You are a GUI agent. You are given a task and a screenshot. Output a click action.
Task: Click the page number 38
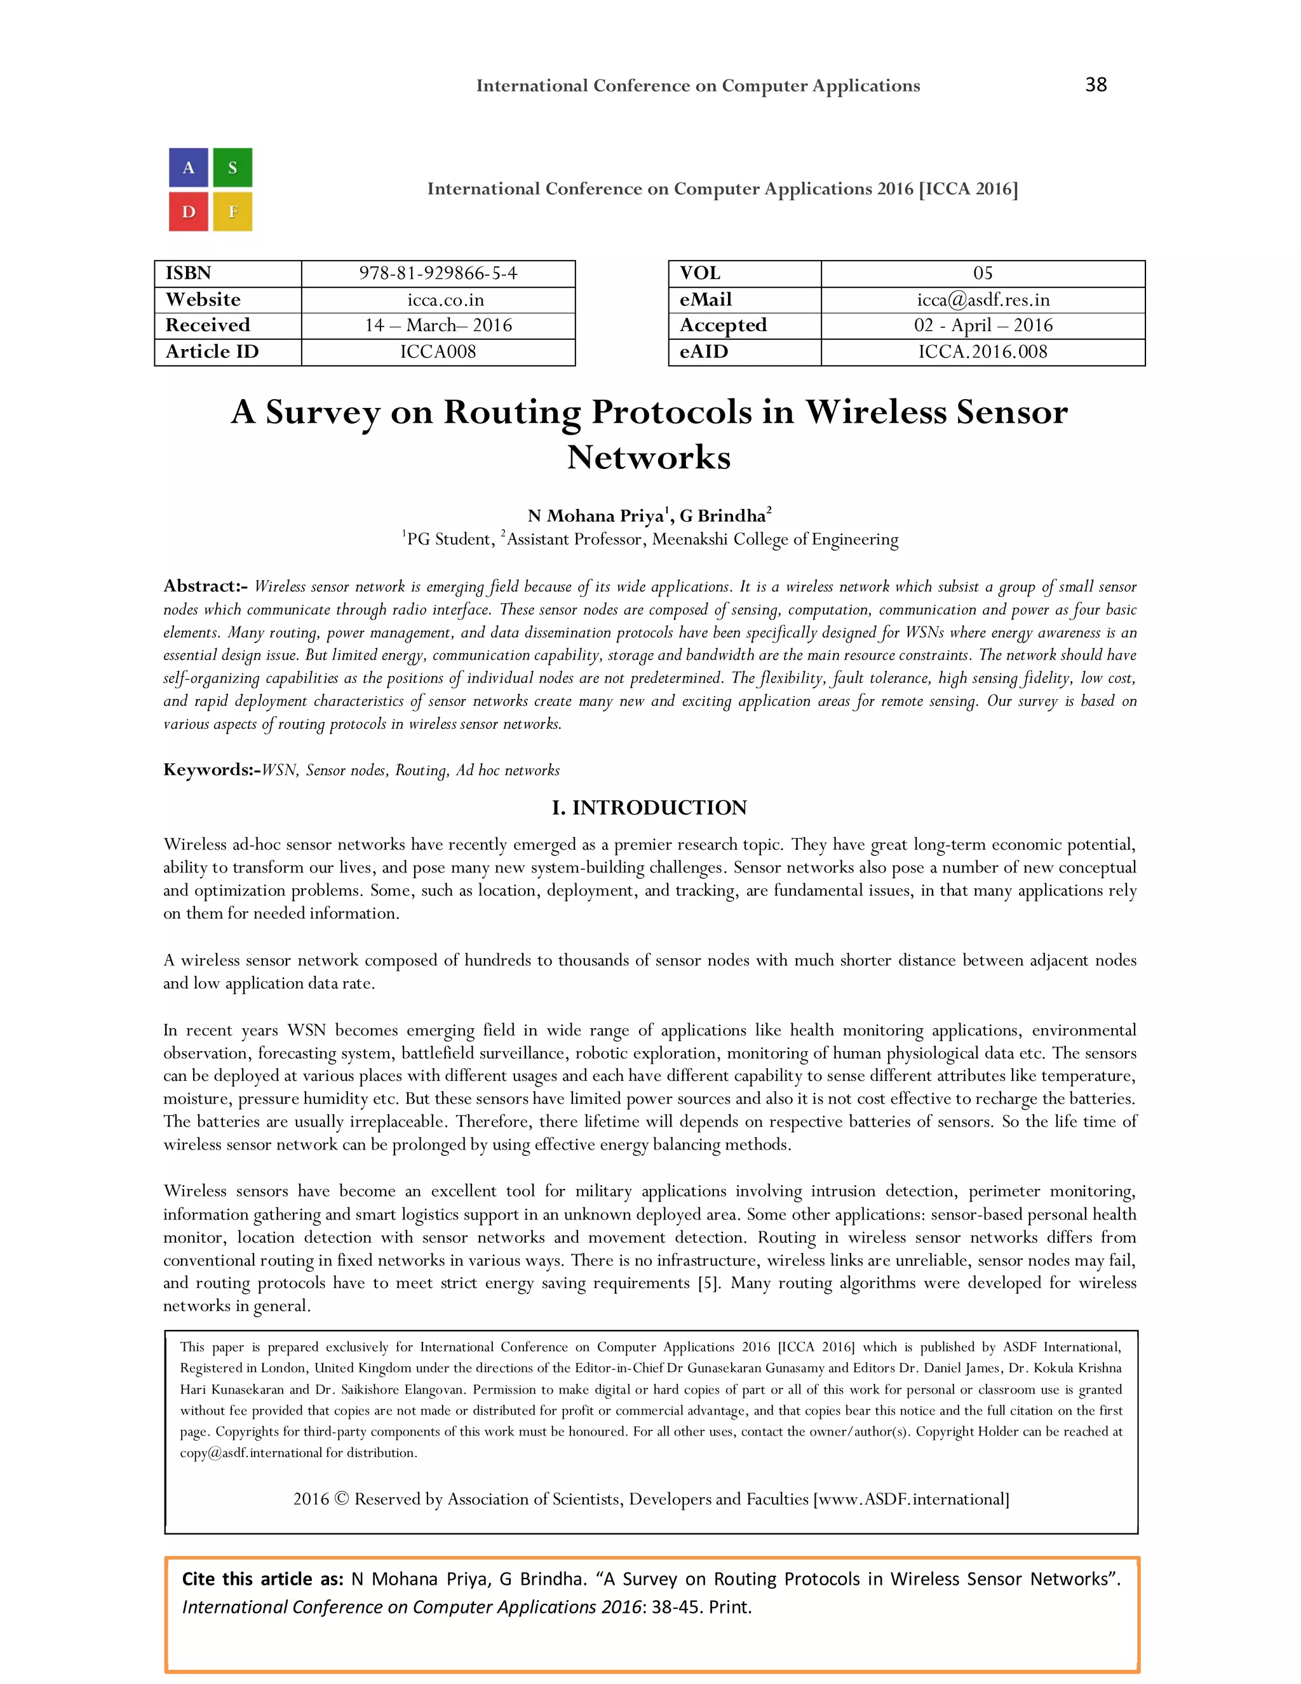1095,85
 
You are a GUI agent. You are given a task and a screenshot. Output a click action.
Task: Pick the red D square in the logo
189,211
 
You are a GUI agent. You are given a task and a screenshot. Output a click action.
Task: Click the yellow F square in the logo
232,211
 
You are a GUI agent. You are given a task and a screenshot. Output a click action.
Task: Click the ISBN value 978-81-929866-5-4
438,274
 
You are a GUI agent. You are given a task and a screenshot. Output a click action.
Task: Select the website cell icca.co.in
438,300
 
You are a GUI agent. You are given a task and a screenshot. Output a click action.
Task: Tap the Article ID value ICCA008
438,351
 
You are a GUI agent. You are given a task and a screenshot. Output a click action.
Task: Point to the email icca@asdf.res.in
983,300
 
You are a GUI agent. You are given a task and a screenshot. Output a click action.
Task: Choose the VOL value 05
983,274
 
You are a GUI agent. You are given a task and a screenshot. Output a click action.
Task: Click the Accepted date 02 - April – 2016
983,325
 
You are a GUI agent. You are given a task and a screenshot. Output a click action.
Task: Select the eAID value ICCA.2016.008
983,351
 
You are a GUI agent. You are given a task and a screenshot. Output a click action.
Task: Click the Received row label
208,325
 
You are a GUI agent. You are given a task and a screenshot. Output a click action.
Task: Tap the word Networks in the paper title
649,458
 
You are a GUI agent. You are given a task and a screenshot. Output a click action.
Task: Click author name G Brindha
723,516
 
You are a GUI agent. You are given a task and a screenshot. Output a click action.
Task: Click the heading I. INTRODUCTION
649,807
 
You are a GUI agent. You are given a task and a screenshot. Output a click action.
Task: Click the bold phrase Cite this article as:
262,1579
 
